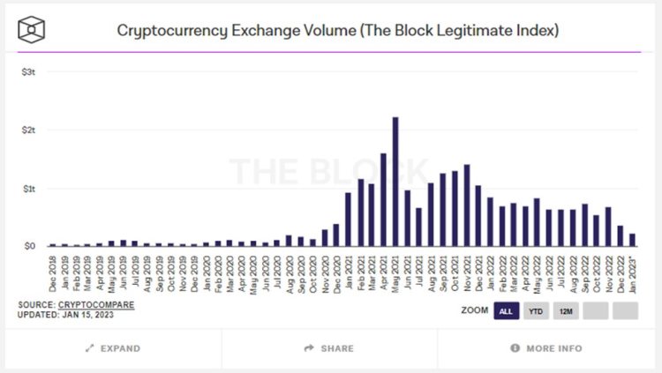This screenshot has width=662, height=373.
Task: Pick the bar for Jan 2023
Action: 633,239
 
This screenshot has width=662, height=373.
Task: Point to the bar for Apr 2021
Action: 383,199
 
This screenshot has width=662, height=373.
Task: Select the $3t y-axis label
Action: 28,71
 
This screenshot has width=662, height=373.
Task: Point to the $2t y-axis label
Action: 28,130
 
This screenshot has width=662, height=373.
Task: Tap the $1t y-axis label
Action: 28,188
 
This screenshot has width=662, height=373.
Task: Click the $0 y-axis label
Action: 29,246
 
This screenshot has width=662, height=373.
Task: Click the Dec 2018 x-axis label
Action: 53,271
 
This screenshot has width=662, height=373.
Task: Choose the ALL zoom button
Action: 506,311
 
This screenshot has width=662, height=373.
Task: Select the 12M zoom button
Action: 566,311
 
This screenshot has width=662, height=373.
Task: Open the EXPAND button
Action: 112,348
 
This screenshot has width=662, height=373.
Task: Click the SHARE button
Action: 328,348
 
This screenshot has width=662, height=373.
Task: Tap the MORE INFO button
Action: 546,348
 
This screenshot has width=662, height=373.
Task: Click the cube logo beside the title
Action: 32,29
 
